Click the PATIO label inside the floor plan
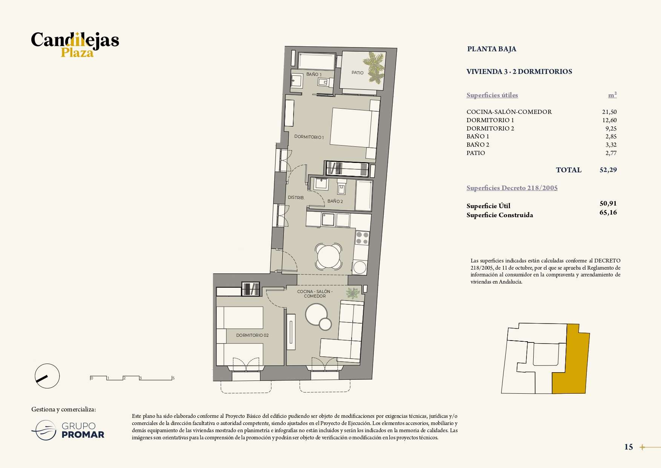coord(357,73)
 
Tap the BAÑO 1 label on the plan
coord(314,74)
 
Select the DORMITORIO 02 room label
coord(252,335)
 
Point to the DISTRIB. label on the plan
coord(296,198)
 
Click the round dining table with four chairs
coord(329,256)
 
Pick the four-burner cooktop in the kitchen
coord(362,238)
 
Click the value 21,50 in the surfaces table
coord(609,112)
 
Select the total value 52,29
coord(608,170)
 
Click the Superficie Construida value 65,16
coord(608,213)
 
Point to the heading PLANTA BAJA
coord(492,49)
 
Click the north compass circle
coord(47,376)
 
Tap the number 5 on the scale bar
coord(173,378)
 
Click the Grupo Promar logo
coord(68,431)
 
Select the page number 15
coord(629,447)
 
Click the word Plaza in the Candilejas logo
coord(77,53)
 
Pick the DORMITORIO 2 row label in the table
coord(490,129)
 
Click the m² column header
coord(612,95)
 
